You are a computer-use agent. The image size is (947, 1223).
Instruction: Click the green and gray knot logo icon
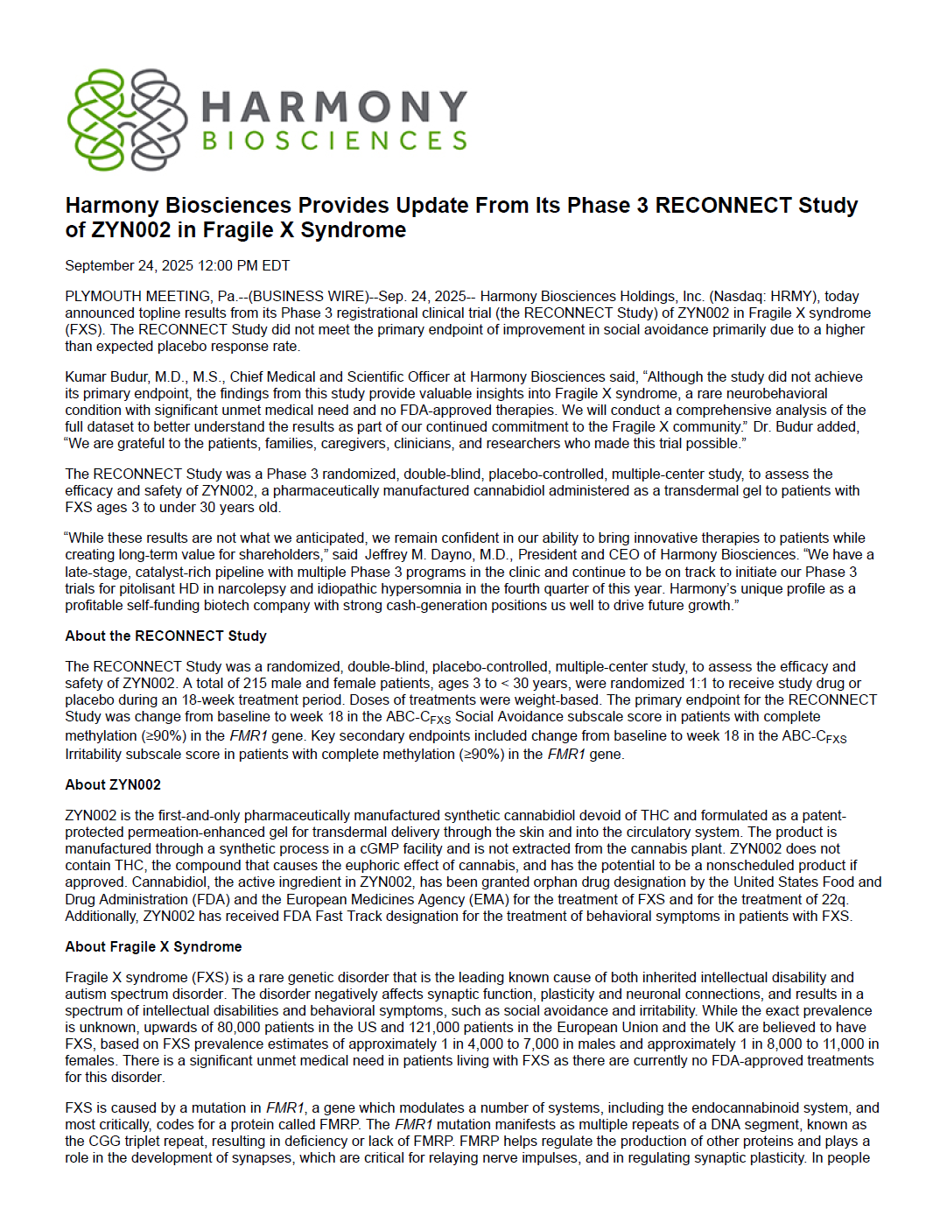(127, 120)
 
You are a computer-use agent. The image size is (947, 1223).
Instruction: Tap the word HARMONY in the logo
(334, 107)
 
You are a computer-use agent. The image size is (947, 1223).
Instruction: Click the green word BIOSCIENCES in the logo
(334, 141)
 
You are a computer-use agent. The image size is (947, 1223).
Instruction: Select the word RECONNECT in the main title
(711, 206)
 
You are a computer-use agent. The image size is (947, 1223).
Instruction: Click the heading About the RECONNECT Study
(165, 636)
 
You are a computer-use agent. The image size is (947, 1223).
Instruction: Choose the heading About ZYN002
(113, 785)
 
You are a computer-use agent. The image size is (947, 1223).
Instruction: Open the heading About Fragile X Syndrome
(153, 947)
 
